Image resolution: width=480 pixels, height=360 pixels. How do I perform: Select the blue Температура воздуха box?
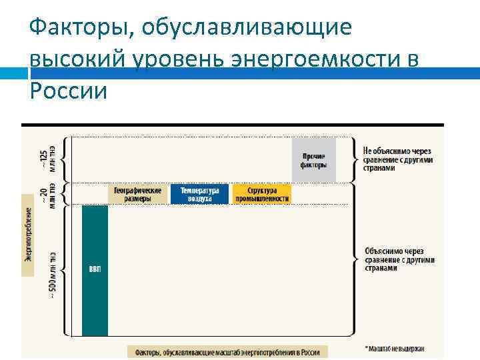point(199,194)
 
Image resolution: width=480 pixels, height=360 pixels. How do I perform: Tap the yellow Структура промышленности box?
point(261,194)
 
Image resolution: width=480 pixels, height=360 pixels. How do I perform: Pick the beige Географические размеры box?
point(137,194)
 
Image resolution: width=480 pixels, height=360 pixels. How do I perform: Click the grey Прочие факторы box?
point(313,160)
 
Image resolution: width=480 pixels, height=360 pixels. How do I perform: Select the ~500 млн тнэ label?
point(52,273)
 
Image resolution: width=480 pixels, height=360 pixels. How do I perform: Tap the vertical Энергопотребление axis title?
point(28,233)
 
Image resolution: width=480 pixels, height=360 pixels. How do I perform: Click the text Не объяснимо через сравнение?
point(398,159)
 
